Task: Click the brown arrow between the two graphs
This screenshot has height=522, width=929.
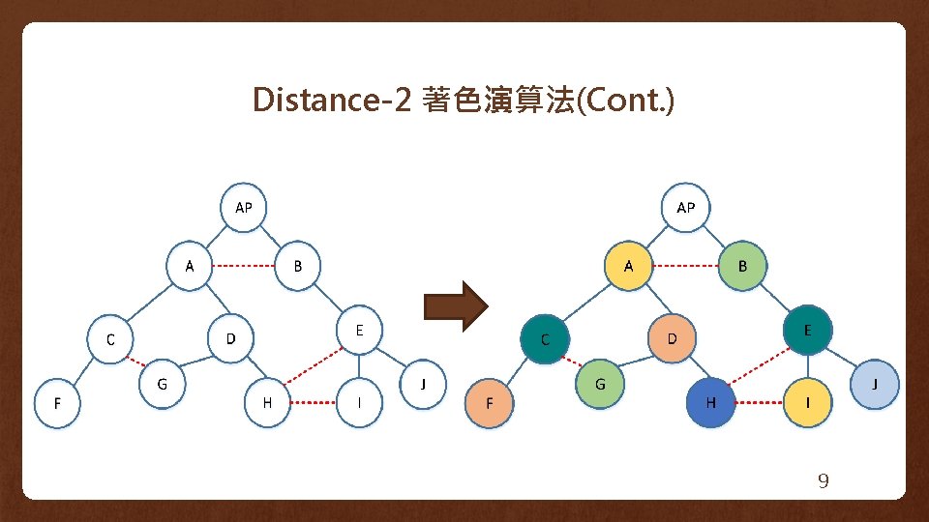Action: [x=458, y=306]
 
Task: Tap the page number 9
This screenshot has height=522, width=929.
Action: [x=824, y=481]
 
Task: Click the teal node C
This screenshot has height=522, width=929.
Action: [x=545, y=339]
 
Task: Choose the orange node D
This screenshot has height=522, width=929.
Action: [x=673, y=338]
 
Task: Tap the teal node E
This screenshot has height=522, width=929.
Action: [x=807, y=331]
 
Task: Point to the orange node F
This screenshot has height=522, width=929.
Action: [x=489, y=402]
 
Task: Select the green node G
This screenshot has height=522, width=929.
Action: [x=600, y=384]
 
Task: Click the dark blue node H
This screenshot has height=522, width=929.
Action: [x=711, y=402]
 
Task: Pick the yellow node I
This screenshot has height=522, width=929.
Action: [x=807, y=402]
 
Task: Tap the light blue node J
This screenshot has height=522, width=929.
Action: [x=875, y=384]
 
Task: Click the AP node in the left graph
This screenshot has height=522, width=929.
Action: [x=244, y=207]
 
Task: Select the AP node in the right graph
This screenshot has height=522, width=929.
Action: [x=686, y=207]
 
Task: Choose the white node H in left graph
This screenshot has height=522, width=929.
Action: [x=268, y=402]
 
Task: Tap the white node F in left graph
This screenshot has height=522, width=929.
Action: [x=57, y=403]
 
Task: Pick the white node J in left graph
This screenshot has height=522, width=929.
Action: [x=424, y=384]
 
